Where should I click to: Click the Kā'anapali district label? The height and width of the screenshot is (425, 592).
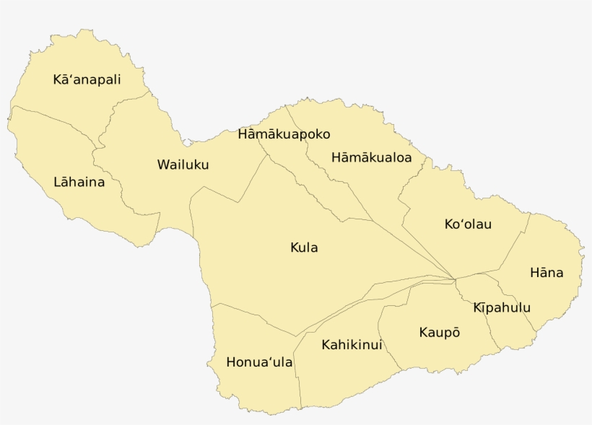click(87, 79)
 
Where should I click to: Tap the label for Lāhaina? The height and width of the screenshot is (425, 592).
click(79, 182)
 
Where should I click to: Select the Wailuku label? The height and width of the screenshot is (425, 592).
click(183, 165)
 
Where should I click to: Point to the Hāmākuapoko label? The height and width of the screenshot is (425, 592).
click(284, 134)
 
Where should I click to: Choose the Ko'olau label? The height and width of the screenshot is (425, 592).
click(468, 224)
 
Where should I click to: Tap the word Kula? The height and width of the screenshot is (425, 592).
click(304, 248)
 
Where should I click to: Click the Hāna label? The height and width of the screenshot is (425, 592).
click(546, 273)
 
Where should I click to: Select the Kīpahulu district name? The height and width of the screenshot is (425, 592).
click(502, 308)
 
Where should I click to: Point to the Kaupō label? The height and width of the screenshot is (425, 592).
click(439, 333)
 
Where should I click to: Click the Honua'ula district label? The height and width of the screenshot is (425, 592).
click(259, 362)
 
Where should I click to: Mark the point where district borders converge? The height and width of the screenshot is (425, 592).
click(453, 278)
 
